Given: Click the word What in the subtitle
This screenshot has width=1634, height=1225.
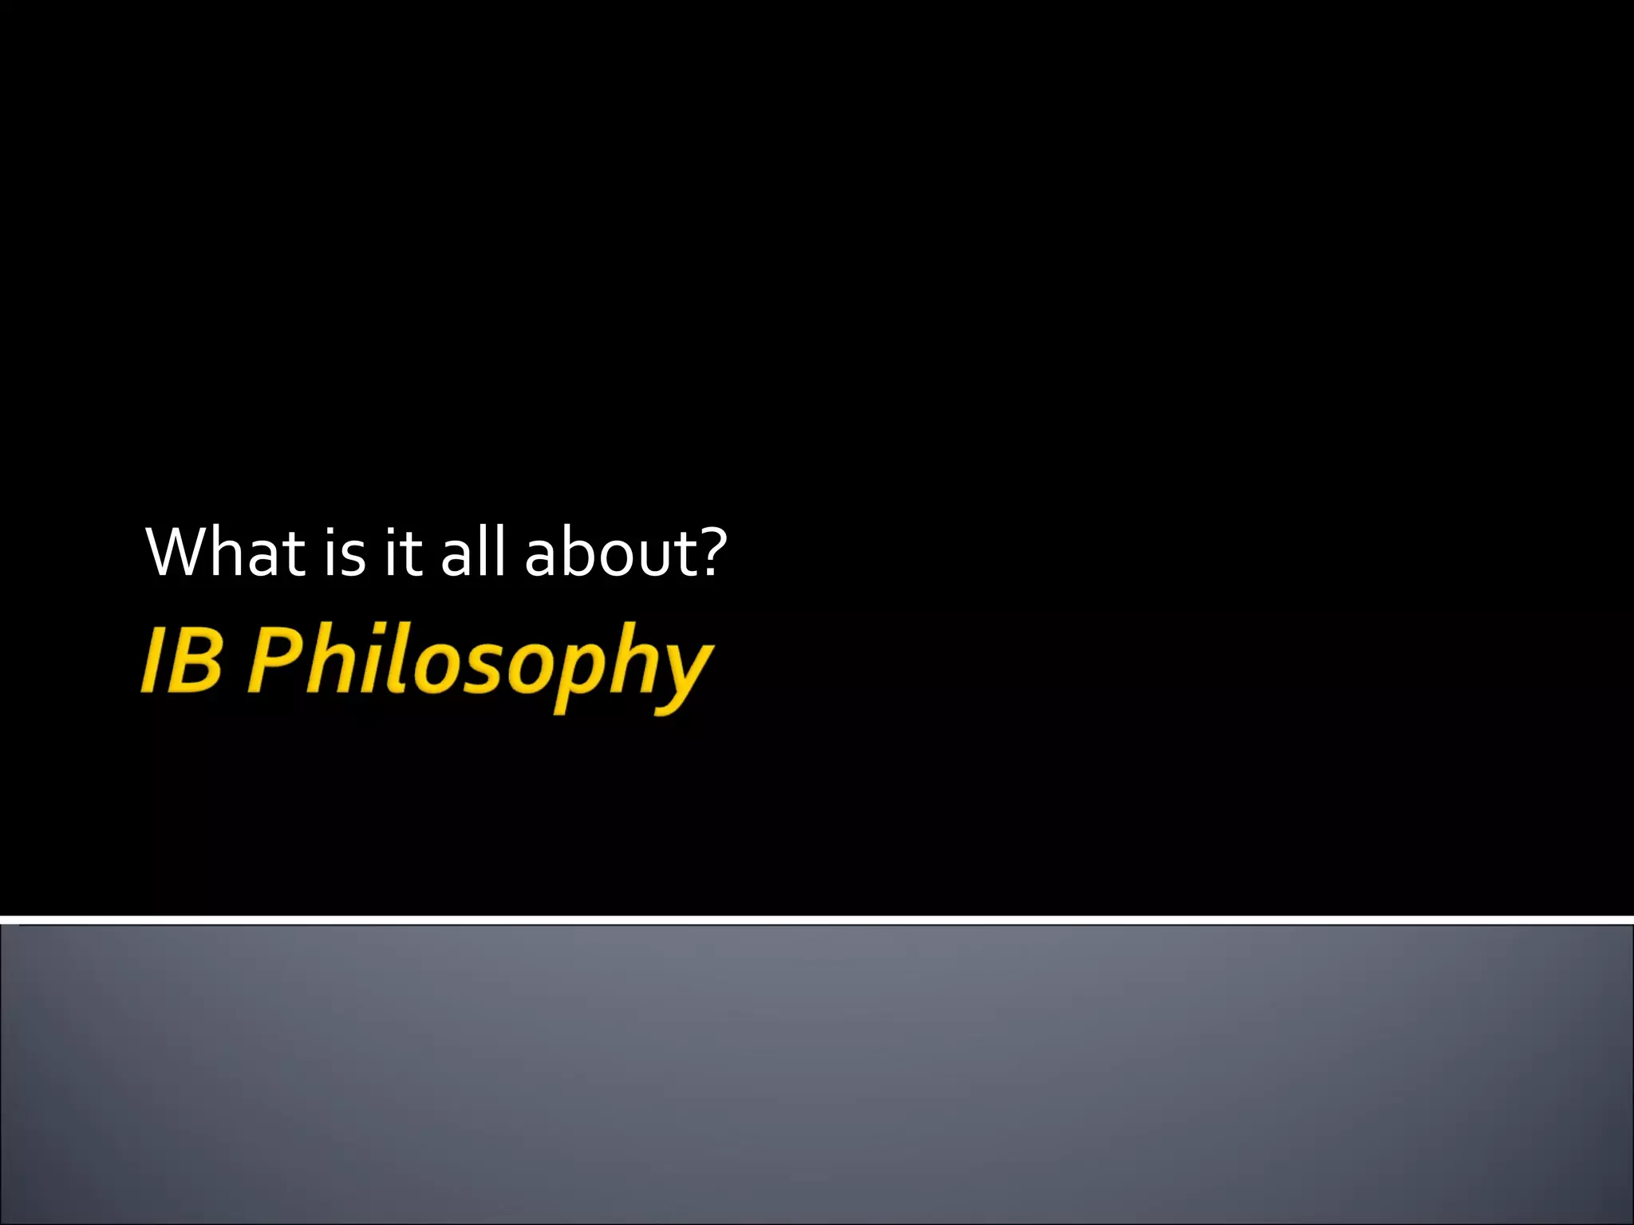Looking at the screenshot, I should coord(225,552).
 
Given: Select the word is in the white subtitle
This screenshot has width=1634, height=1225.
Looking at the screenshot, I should coord(345,552).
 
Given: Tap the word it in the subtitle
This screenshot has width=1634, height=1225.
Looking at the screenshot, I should coord(402,552).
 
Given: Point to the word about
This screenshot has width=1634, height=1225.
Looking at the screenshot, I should coord(610,552).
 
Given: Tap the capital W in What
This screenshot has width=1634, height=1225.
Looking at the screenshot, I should coord(182,552).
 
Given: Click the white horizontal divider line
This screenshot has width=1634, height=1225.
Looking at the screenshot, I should coord(817,920).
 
